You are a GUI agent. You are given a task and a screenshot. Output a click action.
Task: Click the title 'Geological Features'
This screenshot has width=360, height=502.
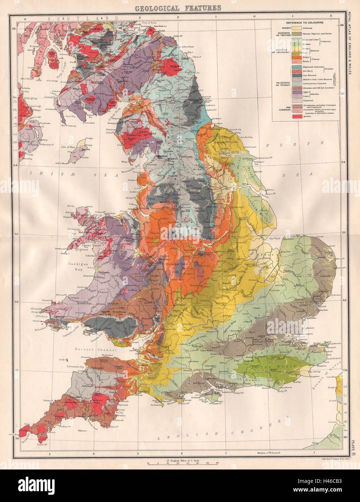[178, 8]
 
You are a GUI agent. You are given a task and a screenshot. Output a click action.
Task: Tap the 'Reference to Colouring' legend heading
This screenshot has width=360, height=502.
[306, 22]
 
